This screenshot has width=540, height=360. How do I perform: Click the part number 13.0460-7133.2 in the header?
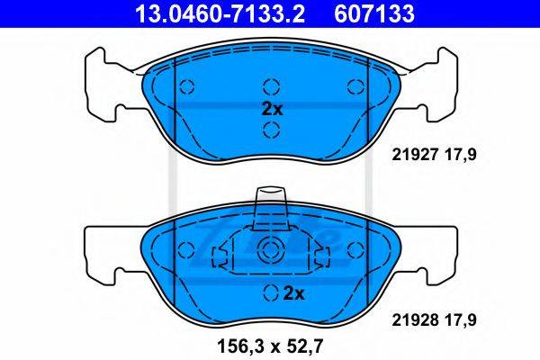click(220, 13)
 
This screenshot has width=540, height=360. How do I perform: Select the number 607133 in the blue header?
click(374, 13)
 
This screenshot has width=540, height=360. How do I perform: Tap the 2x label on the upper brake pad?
click(272, 109)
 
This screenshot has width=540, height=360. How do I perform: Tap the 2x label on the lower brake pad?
click(293, 294)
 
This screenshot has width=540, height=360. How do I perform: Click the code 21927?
click(414, 155)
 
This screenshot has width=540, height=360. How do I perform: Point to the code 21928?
click(414, 320)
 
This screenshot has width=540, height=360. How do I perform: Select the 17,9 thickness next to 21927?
click(458, 155)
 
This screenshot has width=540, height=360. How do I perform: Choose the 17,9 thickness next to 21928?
click(458, 320)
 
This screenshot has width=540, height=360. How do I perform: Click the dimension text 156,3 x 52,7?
click(270, 346)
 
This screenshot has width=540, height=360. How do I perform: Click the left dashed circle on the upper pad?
click(187, 86)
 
